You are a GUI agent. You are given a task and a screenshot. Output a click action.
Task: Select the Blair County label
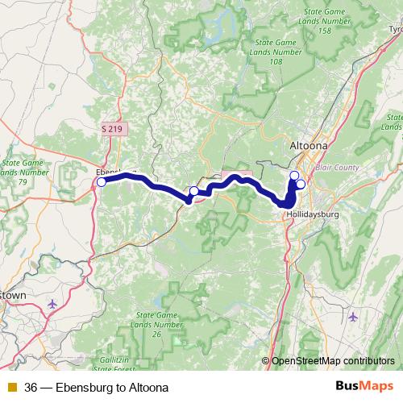pos(337,168)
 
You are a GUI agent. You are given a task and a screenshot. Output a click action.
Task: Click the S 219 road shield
pos(114,128)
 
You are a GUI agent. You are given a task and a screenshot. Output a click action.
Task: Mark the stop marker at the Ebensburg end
pos(101,182)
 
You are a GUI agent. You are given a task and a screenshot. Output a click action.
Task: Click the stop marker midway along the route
pos(193,191)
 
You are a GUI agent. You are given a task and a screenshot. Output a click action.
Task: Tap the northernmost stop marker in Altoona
pos(294,175)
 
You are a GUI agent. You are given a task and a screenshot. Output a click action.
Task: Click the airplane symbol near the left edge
pos(53,304)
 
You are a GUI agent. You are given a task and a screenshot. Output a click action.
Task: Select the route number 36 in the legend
pos(31,388)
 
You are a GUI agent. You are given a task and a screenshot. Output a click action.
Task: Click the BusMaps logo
pos(364,387)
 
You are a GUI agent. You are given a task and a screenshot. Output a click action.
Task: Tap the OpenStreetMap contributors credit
pos(333,360)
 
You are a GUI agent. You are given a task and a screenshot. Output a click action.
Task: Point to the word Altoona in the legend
pos(148,388)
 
